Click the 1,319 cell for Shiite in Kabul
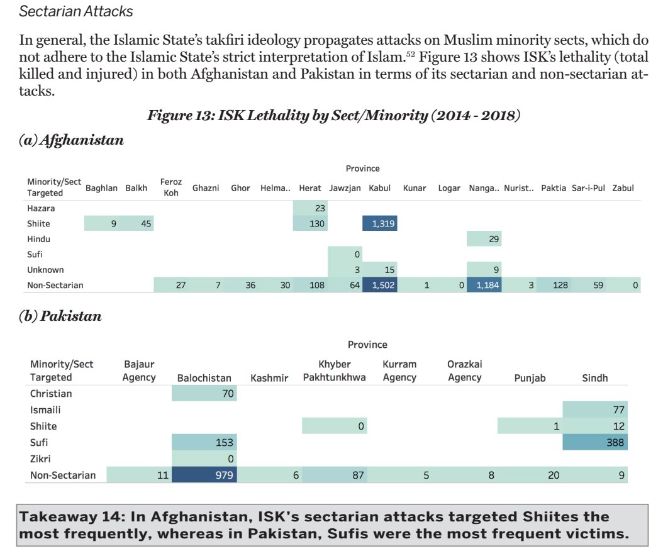379,223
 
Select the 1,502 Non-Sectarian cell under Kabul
379,285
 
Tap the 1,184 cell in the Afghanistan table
484,285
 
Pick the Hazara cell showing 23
310,208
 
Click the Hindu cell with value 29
484,239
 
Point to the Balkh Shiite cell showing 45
136,223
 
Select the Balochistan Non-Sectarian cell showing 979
204,475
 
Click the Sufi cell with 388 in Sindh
596,442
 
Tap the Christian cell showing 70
204,394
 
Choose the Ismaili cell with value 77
596,410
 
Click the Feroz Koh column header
171,187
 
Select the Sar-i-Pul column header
588,188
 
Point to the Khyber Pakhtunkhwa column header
334,371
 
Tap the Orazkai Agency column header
464,371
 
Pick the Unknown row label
45,270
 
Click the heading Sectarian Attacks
76,11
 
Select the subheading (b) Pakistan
60,316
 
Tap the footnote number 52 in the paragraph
409,55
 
